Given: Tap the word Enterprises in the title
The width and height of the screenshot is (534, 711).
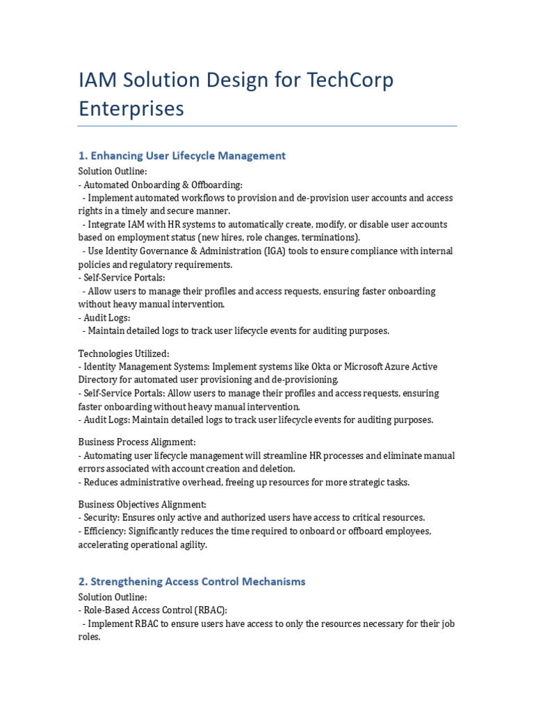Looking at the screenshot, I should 131,108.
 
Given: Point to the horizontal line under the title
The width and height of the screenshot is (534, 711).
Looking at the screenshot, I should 267,126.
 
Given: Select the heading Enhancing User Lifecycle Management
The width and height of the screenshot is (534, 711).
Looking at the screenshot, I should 181,156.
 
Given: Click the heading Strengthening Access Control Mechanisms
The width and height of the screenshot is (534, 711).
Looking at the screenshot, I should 191,581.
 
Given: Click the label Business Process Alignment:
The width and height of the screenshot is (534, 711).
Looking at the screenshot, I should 136,442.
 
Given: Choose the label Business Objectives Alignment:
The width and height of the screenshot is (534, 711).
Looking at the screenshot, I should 142,504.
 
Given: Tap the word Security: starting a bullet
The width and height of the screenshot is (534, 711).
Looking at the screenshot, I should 102,518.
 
